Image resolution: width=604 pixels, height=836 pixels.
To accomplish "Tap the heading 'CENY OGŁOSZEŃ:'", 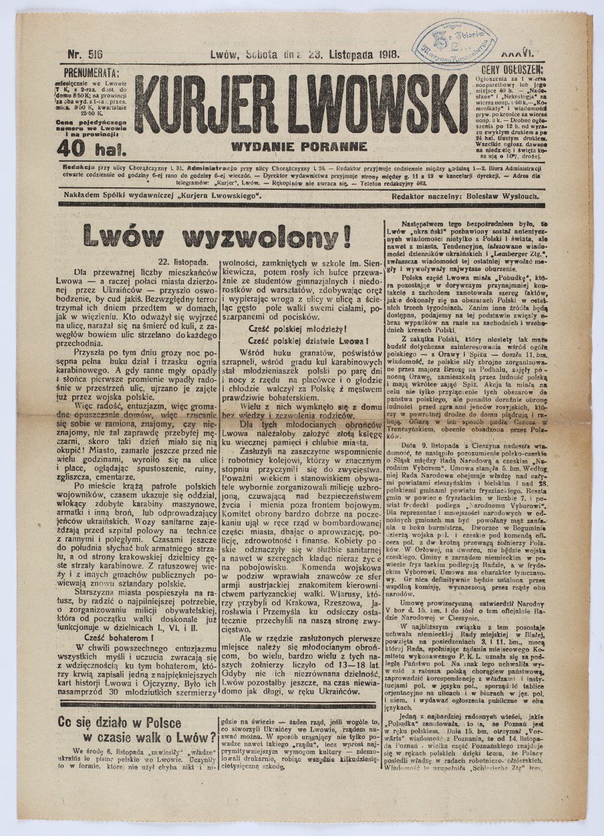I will (512, 69).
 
